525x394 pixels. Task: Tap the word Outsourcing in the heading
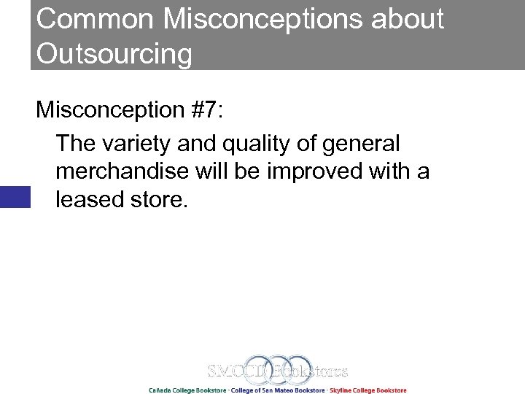click(x=114, y=55)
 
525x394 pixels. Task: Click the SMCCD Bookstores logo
click(x=278, y=370)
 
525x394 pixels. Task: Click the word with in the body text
click(x=389, y=171)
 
